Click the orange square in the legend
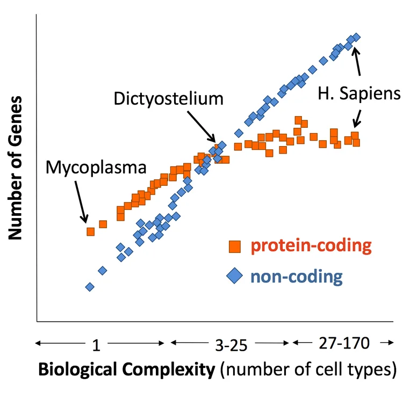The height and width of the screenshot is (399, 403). click(x=235, y=246)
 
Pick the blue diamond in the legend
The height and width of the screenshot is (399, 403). click(x=235, y=277)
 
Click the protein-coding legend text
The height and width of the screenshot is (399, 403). click(x=311, y=246)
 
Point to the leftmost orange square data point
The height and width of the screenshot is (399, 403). click(x=91, y=231)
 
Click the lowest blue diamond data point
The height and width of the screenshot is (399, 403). click(x=90, y=287)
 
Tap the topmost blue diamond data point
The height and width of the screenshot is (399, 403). click(x=356, y=37)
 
